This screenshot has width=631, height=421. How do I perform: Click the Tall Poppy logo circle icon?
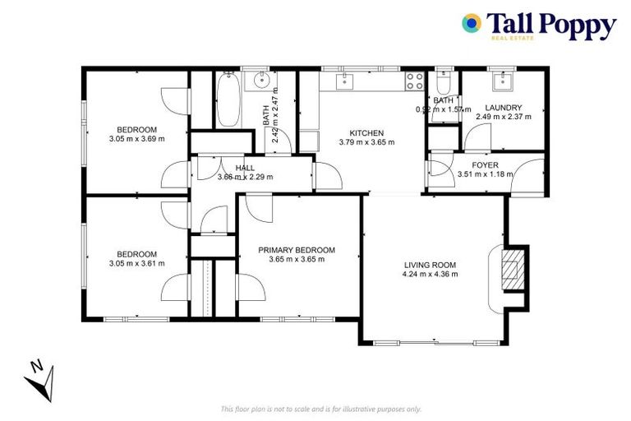click(x=472, y=24)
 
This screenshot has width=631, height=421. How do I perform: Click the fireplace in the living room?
click(x=511, y=268)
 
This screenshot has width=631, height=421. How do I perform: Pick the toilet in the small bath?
click(x=444, y=85)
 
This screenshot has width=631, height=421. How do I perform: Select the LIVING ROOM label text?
click(x=431, y=265)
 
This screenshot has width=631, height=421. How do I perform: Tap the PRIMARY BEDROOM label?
click(x=297, y=250)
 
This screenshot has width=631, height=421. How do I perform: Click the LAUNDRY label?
click(x=503, y=108)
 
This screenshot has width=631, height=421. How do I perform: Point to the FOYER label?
click(x=485, y=164)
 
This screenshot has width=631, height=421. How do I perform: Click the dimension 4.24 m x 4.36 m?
click(x=431, y=274)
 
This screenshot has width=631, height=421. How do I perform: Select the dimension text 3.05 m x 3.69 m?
click(x=137, y=138)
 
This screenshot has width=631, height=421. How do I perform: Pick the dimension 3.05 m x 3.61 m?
click(x=137, y=263)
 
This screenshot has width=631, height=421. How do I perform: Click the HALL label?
click(x=245, y=168)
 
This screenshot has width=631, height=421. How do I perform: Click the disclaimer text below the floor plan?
click(x=321, y=408)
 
